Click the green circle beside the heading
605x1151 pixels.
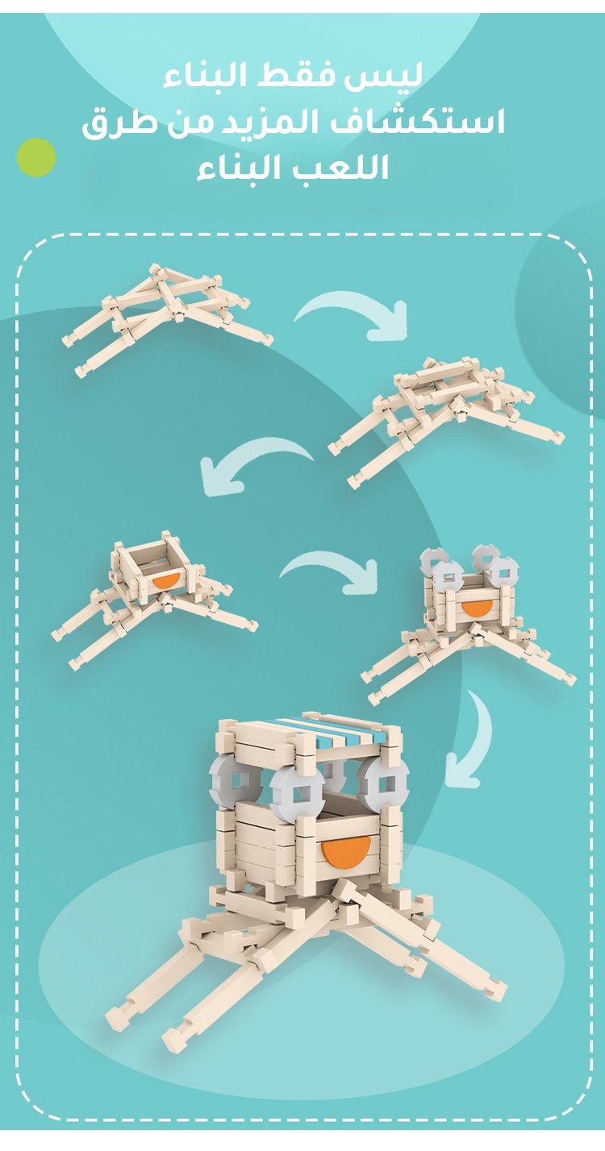click(x=36, y=157)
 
